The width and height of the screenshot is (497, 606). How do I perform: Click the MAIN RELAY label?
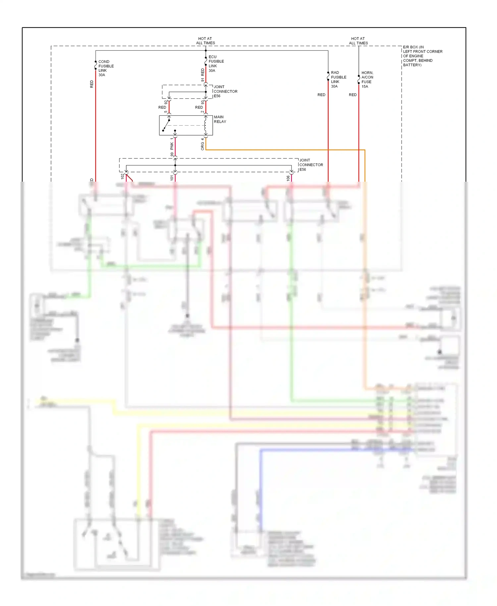point(220,119)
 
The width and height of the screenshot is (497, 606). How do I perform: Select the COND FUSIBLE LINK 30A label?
point(106,68)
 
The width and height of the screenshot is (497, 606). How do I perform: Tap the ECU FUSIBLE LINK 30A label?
point(216,64)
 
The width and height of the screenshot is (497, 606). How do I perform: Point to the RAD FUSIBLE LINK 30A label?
point(338,80)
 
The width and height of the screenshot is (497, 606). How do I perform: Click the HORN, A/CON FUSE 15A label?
point(367,80)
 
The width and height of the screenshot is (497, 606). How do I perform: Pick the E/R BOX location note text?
point(422,56)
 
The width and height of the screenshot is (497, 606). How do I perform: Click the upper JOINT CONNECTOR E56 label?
point(225,91)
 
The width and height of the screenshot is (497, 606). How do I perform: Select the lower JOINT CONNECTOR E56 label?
point(311,165)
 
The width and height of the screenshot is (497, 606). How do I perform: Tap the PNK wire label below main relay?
point(172,146)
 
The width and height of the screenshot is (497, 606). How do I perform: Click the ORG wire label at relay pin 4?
point(202,146)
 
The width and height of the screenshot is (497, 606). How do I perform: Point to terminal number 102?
point(122,176)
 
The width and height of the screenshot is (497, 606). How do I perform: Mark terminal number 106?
point(288,178)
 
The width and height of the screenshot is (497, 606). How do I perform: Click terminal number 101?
point(172,178)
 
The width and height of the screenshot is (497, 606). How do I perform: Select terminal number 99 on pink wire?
point(172,154)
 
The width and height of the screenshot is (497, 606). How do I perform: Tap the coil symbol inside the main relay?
point(205,125)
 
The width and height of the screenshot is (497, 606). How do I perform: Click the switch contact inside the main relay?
point(166,126)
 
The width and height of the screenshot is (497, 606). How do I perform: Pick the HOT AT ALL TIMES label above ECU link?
point(205,41)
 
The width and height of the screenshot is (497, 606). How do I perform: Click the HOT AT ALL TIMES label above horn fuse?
point(358,41)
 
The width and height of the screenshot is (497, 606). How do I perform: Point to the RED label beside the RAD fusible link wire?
point(321,95)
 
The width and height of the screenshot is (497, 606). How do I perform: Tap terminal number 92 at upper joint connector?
point(166,102)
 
